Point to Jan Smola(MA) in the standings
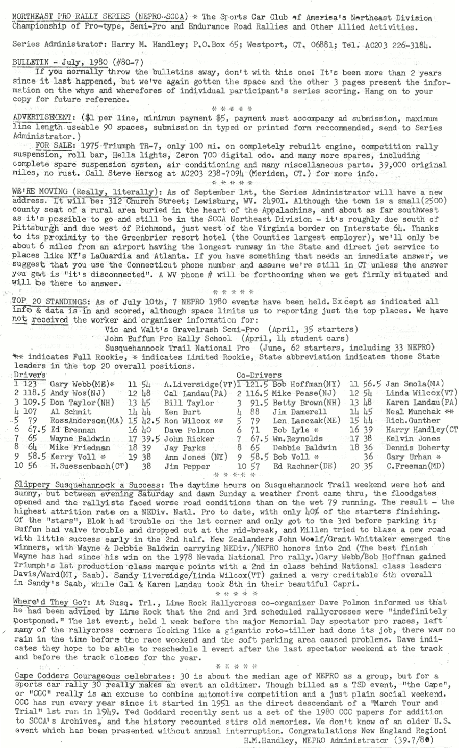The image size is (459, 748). point(415,384)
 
